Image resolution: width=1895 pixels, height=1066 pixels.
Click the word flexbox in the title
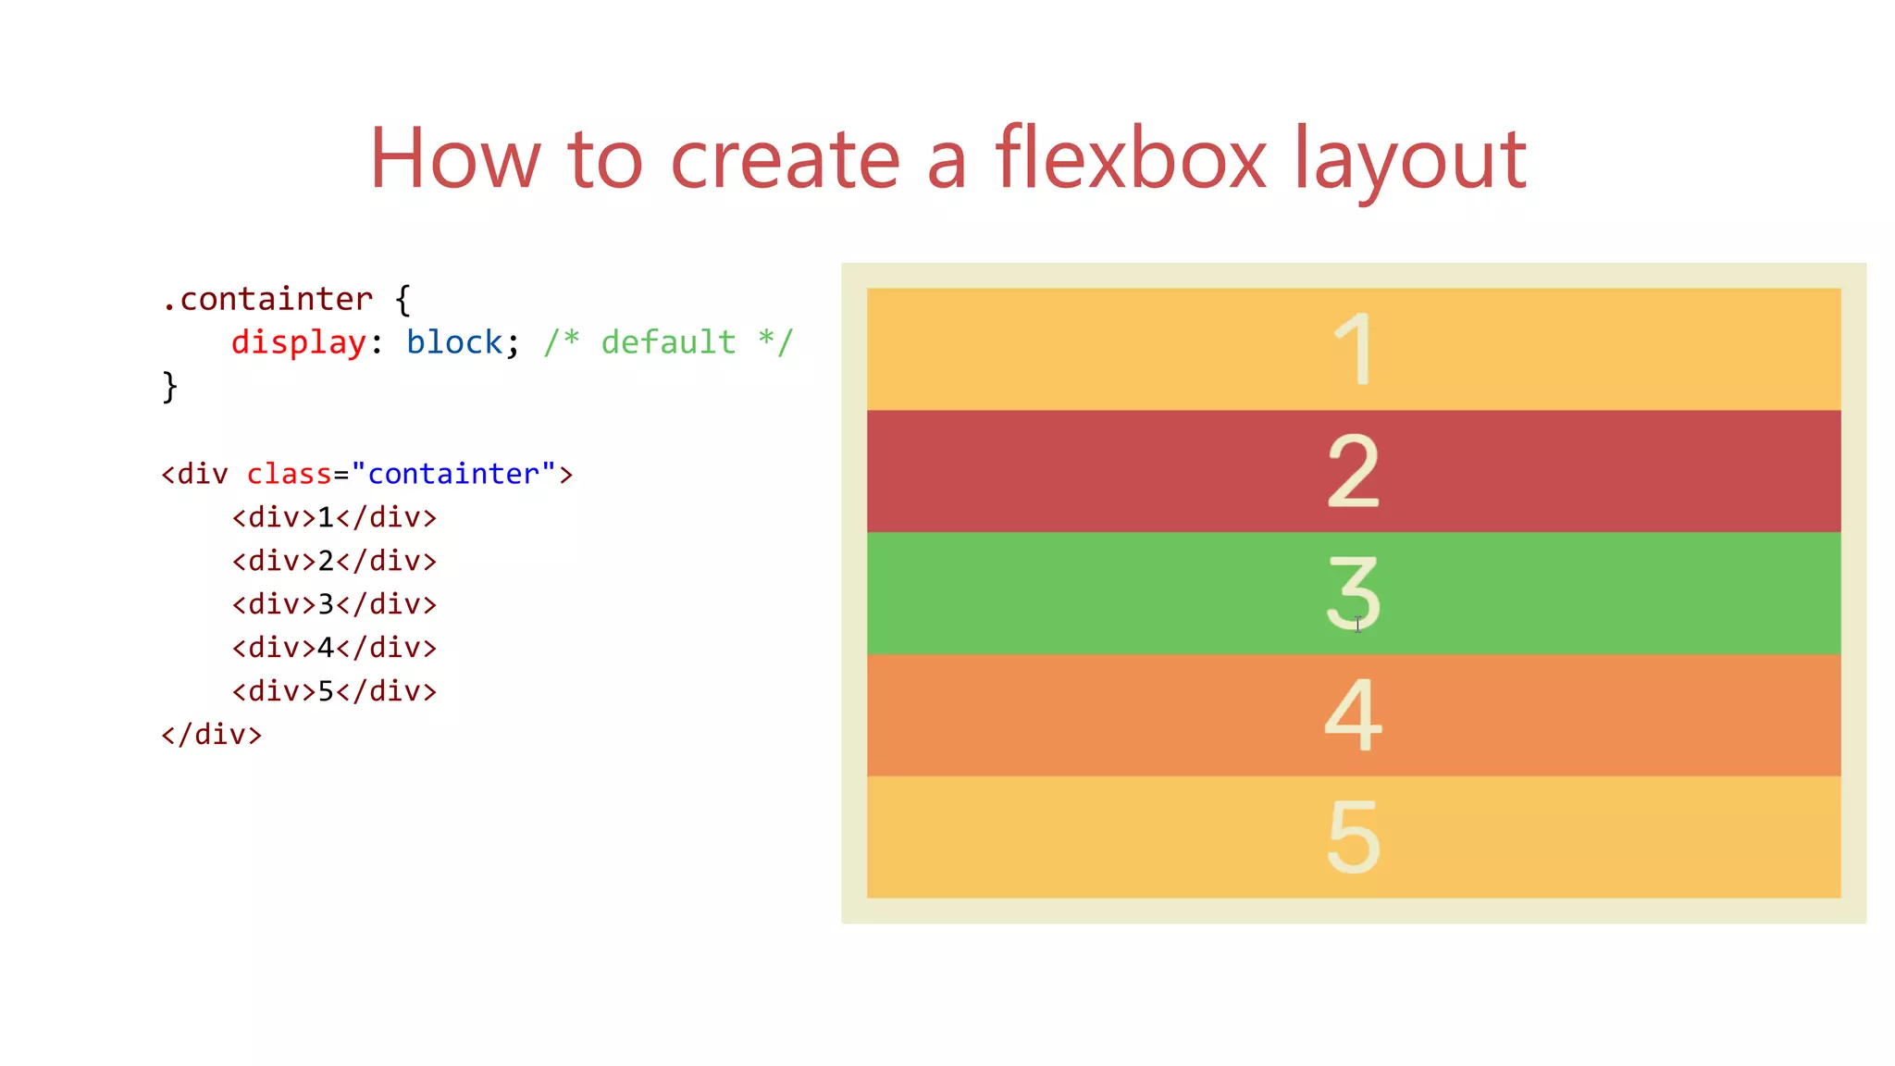pyautogui.click(x=1130, y=159)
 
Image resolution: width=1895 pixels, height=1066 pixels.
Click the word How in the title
pyautogui.click(x=454, y=159)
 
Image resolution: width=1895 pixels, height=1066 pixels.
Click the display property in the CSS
pyautogui.click(x=298, y=343)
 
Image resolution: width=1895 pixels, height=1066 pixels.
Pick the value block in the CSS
pyautogui.click(x=454, y=343)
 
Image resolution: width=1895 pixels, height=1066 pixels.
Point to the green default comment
pyautogui.click(x=668, y=343)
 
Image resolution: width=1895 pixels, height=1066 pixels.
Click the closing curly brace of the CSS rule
pyautogui.click(x=169, y=386)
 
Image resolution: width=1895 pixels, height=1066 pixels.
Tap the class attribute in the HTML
pyautogui.click(x=289, y=474)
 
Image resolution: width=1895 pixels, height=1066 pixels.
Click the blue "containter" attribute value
pyautogui.click(x=453, y=474)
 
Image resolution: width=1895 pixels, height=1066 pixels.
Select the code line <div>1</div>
pyautogui.click(x=334, y=517)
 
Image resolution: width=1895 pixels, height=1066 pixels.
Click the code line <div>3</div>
pyautogui.click(x=334, y=604)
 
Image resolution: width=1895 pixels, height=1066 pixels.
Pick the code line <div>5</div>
pyautogui.click(x=334, y=691)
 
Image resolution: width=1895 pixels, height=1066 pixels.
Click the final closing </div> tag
pyautogui.click(x=212, y=735)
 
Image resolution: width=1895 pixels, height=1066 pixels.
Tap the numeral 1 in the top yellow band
pyautogui.click(x=1355, y=350)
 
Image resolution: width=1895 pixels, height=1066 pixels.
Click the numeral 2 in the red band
pyautogui.click(x=1353, y=471)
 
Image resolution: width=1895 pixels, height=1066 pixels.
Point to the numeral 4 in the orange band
pyautogui.click(x=1353, y=714)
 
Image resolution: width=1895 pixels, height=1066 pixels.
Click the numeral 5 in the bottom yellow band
pyautogui.click(x=1353, y=837)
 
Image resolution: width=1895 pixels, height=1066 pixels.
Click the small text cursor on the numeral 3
pyautogui.click(x=1357, y=626)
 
